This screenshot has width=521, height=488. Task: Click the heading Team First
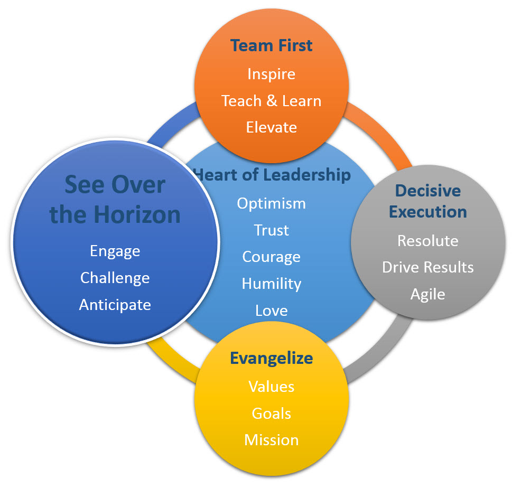point(272,45)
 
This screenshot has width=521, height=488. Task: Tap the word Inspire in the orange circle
point(272,74)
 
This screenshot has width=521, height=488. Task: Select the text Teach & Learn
point(272,101)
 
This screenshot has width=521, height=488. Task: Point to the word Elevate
point(272,127)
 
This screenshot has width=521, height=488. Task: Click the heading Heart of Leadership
point(273,174)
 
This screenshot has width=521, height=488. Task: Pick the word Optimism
point(272,203)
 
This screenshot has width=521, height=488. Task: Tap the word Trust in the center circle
point(272,230)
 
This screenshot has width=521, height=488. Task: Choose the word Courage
point(272,257)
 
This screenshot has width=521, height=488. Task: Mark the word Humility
point(272,284)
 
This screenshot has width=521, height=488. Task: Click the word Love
point(272,310)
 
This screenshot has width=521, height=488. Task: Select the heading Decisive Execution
point(428,201)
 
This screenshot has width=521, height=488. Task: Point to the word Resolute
point(428,241)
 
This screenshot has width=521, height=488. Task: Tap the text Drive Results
point(428,267)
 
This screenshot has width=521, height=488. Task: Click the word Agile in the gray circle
point(428,294)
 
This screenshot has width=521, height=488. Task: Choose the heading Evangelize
point(272,358)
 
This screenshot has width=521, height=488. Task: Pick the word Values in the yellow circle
point(272,387)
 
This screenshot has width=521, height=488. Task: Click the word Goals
point(272,413)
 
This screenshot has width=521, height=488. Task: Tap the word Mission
point(272,440)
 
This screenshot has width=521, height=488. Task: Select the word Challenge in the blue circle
point(115,278)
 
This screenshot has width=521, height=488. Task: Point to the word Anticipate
point(115,305)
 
